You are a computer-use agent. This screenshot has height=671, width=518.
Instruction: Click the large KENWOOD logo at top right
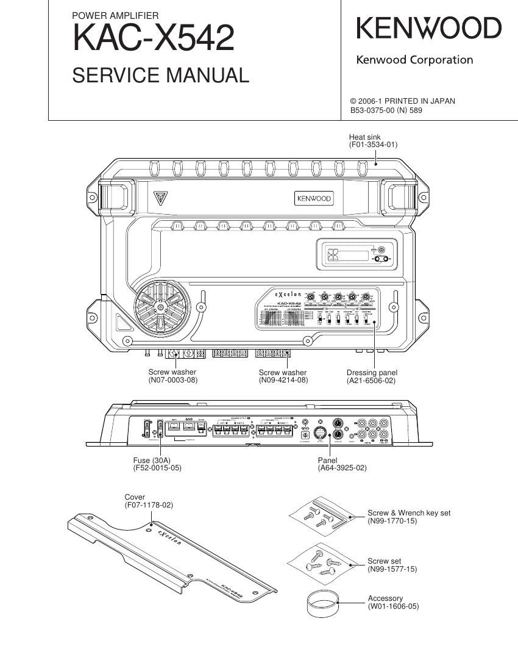coord(428,29)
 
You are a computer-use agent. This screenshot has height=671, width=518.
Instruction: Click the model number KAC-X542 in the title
coord(153,38)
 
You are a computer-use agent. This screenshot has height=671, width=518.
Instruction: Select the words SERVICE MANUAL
coord(160,76)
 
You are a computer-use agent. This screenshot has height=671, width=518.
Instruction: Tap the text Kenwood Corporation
coord(414,60)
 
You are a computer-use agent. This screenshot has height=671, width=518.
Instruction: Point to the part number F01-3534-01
coord(373,145)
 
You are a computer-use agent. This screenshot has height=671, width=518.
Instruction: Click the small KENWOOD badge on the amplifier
coord(314,199)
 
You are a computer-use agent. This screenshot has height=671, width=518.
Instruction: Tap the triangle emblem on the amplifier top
coord(160,199)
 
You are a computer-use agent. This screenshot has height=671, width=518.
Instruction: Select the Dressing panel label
coord(372,373)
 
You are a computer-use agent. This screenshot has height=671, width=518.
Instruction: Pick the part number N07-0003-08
coord(173,380)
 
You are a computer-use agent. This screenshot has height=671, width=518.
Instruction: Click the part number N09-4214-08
coord(283,380)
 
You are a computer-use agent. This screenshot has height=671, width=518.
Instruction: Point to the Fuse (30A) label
coord(153,460)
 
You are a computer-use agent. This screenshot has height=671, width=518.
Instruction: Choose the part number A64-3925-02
coord(342,468)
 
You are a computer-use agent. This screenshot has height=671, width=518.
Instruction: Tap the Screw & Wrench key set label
coord(409,513)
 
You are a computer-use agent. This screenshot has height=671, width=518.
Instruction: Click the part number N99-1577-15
coord(392,569)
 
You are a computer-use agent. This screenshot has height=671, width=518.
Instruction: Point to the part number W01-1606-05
coord(393,606)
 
